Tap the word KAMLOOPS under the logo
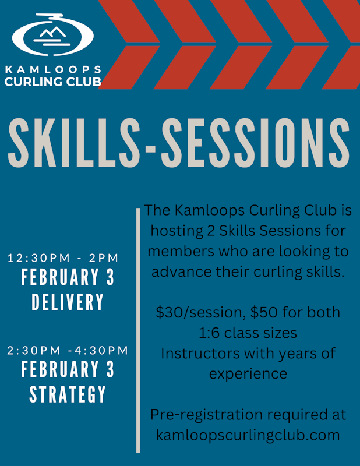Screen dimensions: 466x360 tap(53, 70)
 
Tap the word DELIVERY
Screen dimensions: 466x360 tap(68, 302)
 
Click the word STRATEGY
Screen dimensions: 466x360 tap(68, 394)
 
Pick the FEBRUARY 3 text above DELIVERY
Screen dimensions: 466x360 tap(68, 278)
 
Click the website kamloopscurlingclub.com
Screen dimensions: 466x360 tap(248, 435)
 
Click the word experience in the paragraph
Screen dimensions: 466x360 tap(248, 373)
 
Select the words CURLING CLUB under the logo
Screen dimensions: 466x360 tap(53, 81)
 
